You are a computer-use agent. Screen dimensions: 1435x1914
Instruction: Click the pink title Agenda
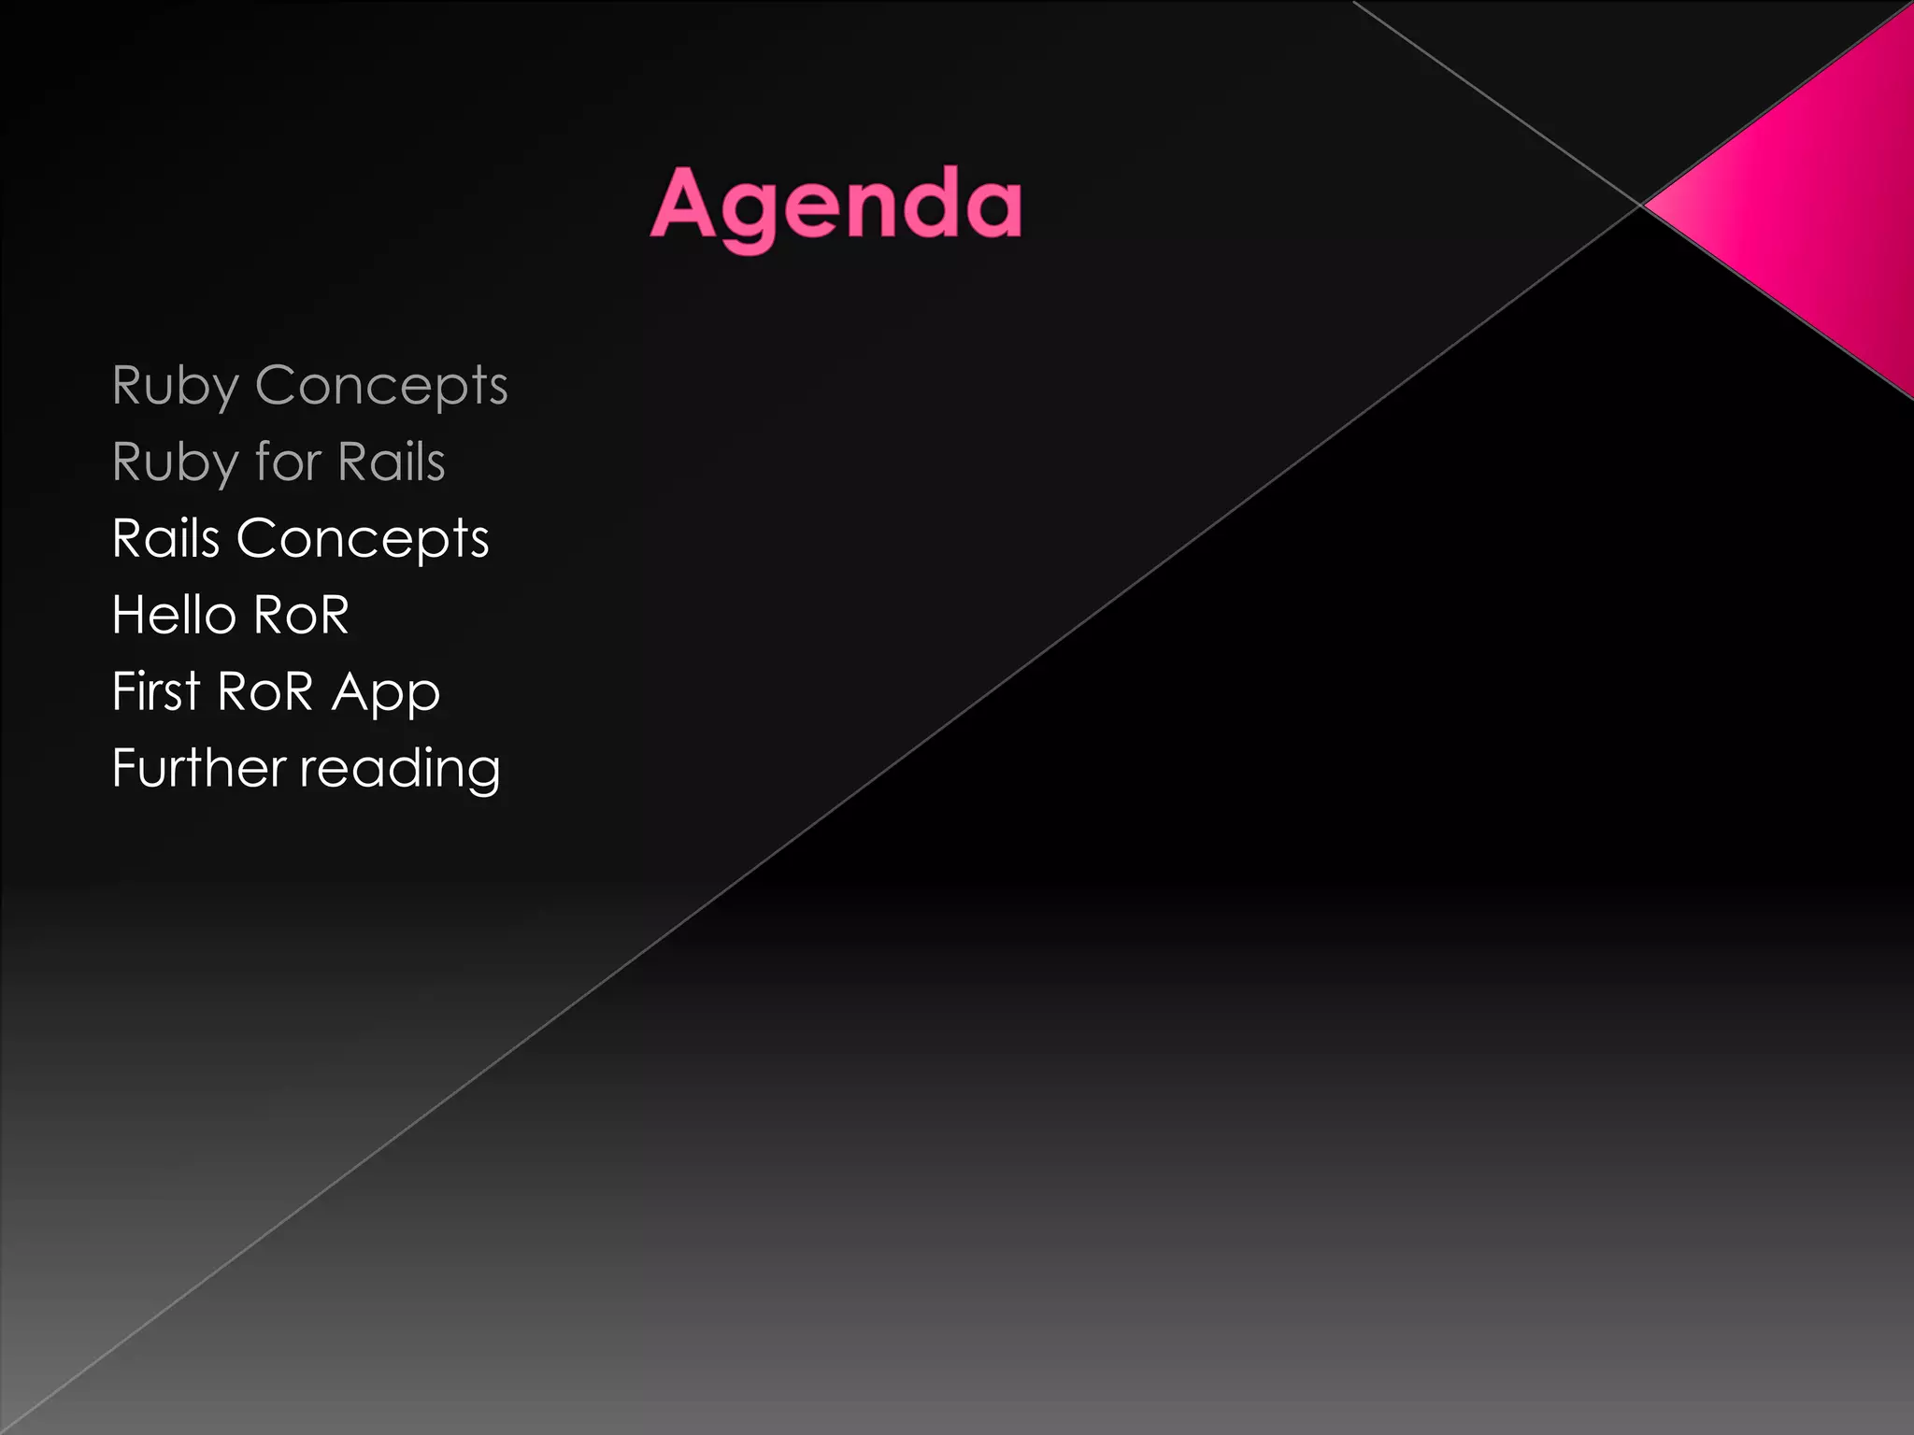point(836,206)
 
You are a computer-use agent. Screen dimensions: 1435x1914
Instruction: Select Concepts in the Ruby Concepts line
point(381,385)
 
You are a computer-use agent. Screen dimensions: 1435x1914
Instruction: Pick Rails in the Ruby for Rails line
point(392,462)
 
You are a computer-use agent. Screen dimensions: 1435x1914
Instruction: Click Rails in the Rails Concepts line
point(166,538)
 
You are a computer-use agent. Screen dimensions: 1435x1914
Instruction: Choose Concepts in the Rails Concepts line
point(363,539)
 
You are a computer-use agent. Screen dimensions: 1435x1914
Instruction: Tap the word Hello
point(174,615)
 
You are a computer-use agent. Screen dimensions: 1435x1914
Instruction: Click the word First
point(156,691)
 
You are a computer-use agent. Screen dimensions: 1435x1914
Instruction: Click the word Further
point(199,768)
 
